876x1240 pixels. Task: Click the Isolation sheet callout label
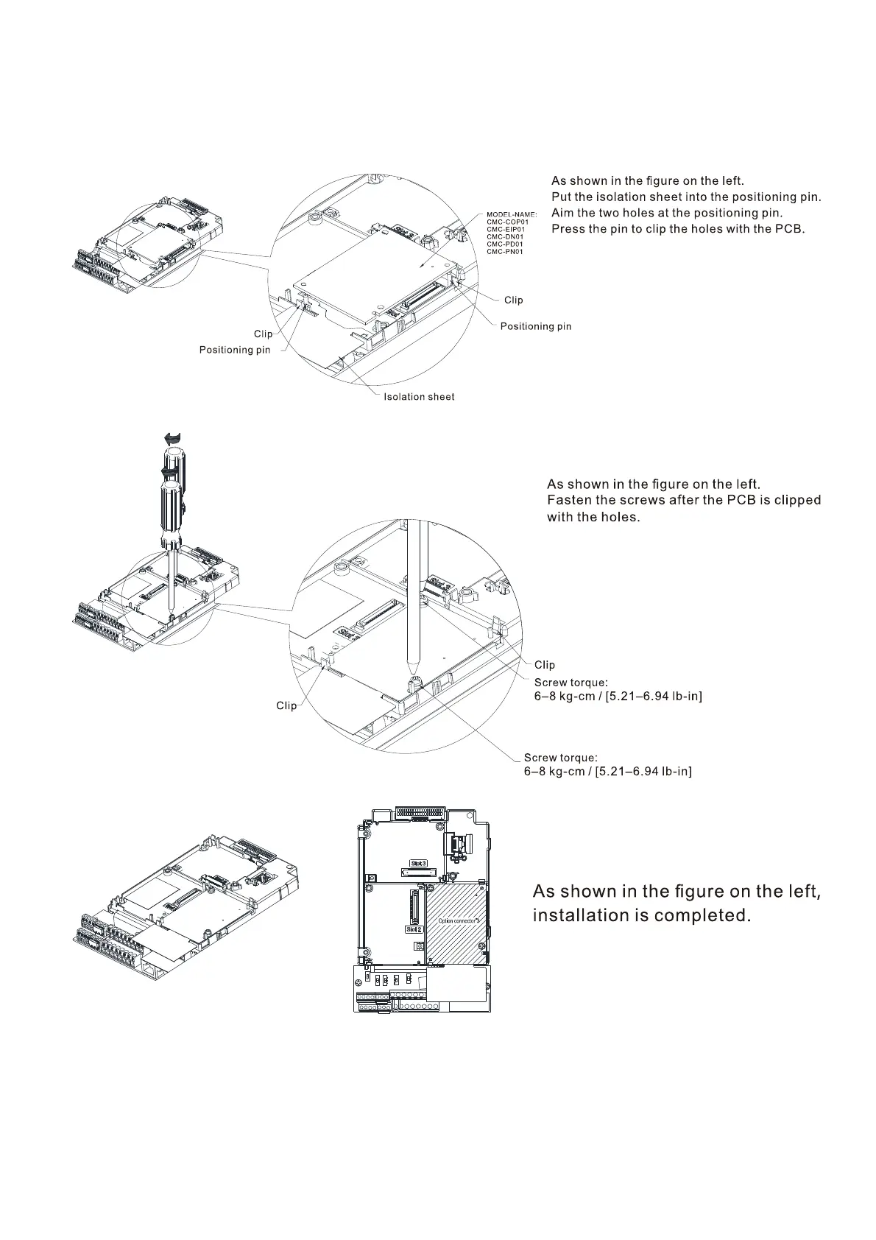pyautogui.click(x=419, y=397)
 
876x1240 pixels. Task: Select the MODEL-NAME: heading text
pyautogui.click(x=512, y=214)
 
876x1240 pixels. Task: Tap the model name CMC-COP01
pyautogui.click(x=507, y=222)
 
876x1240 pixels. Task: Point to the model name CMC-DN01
pyautogui.click(x=505, y=236)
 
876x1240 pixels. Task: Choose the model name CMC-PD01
pyautogui.click(x=505, y=244)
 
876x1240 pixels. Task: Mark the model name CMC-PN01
pyautogui.click(x=505, y=252)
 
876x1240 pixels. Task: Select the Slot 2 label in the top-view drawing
pyautogui.click(x=414, y=929)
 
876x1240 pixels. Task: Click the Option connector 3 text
pyautogui.click(x=459, y=920)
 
